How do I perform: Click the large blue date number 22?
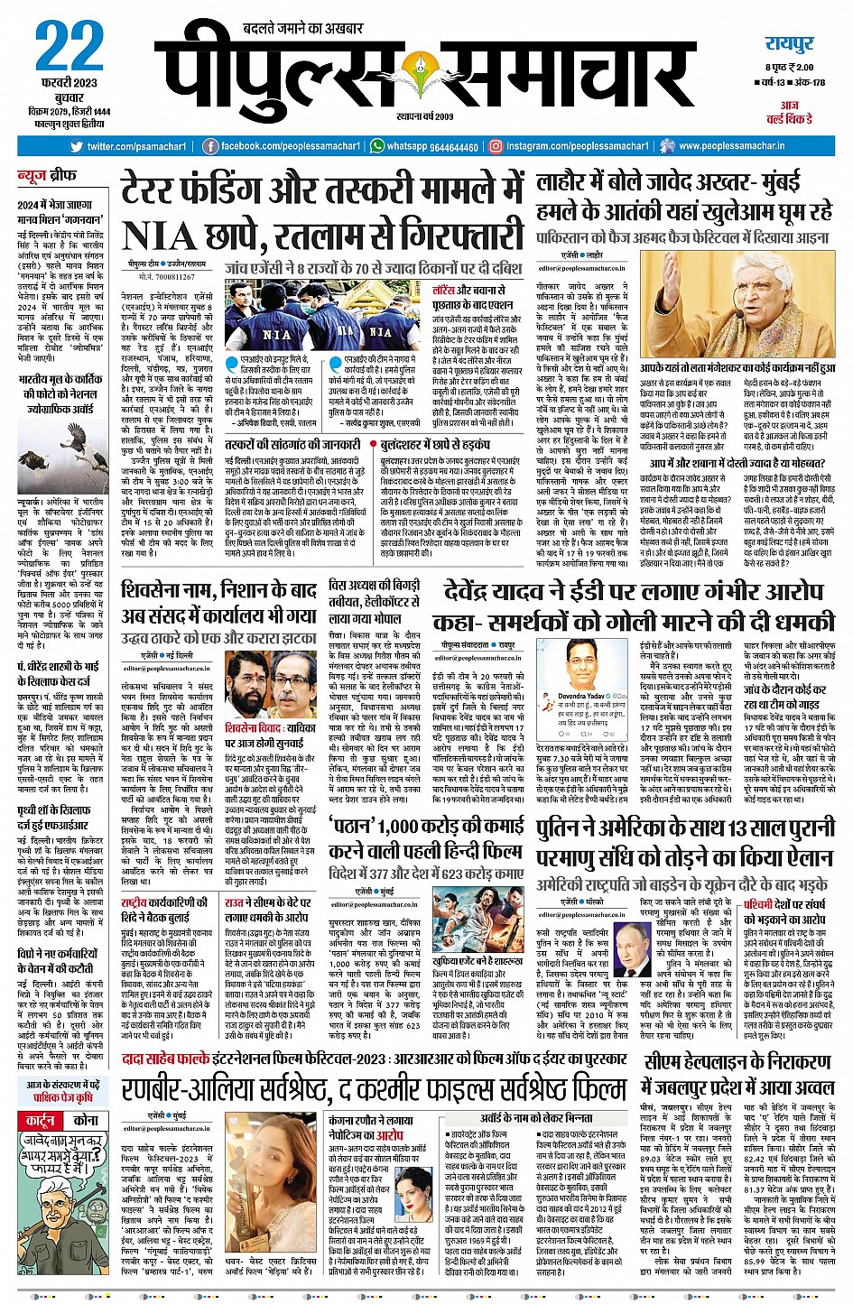(69, 49)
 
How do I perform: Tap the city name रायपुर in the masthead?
(789, 44)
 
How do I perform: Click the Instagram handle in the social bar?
(577, 146)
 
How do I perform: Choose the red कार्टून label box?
(42, 1120)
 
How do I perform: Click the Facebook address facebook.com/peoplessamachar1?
(283, 146)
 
